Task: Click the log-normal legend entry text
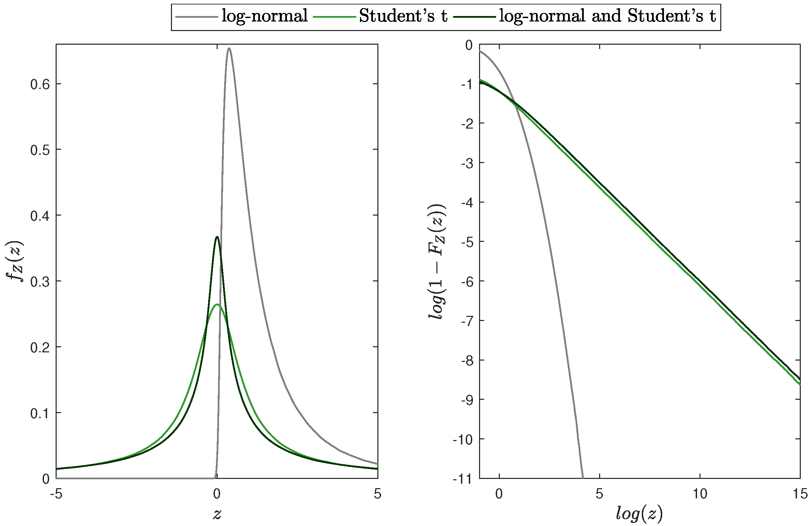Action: click(265, 16)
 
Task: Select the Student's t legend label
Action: click(403, 16)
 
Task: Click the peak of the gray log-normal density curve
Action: click(229, 48)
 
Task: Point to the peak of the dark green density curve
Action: click(217, 236)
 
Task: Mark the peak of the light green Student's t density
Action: click(217, 304)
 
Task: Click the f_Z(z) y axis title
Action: click(15, 261)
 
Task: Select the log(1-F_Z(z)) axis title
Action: click(436, 261)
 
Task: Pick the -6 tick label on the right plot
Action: click(467, 281)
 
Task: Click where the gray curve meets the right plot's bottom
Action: click(583, 478)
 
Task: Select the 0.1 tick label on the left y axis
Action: click(40, 413)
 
